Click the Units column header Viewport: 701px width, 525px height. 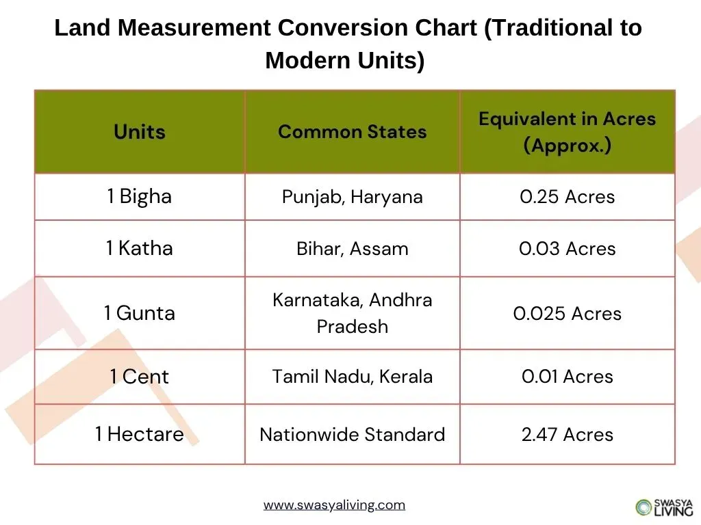point(140,132)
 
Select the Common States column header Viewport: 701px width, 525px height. point(352,132)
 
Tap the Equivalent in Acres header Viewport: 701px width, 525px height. point(567,132)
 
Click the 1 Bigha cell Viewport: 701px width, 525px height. point(140,197)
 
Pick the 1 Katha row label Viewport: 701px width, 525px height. point(140,248)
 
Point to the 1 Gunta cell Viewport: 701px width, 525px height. point(140,313)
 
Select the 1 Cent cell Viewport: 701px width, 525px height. point(140,377)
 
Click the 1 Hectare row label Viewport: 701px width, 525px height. point(140,434)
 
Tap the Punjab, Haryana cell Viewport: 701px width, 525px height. point(352,198)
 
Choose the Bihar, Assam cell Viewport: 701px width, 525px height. point(352,249)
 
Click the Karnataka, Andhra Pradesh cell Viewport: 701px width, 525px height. point(352,313)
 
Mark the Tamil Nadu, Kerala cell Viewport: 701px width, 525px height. point(352,377)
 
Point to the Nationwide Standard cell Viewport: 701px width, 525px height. point(352,435)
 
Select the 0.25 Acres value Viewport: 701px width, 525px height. point(567,198)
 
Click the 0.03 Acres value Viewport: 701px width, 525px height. point(567,249)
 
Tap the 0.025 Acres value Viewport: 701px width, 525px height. point(567,314)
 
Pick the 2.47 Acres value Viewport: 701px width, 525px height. point(567,435)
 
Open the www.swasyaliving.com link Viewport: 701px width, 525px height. point(334,506)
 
